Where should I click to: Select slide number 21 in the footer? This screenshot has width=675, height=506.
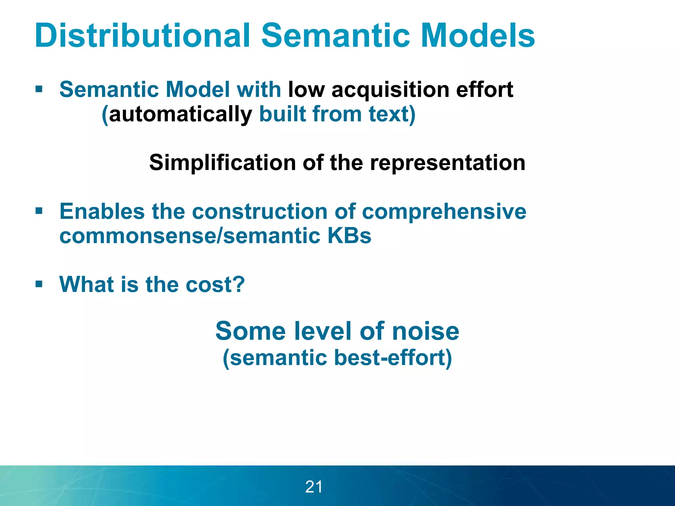click(314, 487)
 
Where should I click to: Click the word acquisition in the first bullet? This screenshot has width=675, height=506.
click(390, 90)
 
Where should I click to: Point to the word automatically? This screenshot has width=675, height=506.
click(180, 114)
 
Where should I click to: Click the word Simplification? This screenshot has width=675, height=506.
click(222, 163)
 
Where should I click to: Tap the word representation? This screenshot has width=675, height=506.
click(447, 163)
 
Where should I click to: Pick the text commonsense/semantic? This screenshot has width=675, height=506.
click(190, 236)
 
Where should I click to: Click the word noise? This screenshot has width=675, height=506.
click(426, 331)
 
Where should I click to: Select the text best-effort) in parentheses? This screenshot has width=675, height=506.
click(393, 358)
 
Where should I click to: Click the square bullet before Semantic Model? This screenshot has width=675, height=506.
click(39, 89)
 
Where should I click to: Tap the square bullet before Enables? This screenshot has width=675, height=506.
click(39, 211)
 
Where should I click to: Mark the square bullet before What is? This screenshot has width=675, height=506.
click(39, 284)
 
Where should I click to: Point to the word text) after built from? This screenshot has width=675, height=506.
click(392, 114)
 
